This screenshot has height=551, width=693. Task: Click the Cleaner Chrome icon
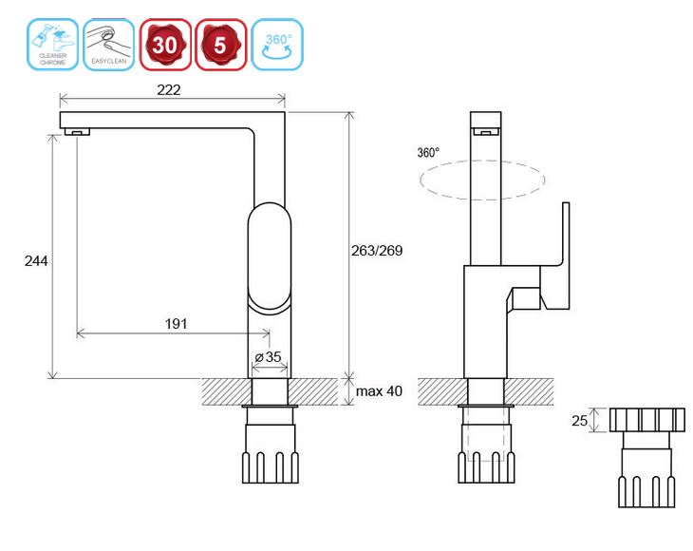point(53,45)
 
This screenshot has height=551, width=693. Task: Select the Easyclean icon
point(109,45)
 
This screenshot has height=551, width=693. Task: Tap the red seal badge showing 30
point(165,45)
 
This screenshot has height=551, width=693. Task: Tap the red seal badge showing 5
point(221,45)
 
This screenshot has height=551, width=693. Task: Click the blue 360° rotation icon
point(277,45)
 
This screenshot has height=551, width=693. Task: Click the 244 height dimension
point(36,260)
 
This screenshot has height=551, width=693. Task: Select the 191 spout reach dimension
point(176,323)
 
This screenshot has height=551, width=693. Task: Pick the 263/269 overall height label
point(377,251)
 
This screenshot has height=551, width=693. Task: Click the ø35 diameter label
point(268,357)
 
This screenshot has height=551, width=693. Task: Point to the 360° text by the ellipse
point(428,152)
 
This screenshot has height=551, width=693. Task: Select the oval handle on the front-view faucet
point(271,256)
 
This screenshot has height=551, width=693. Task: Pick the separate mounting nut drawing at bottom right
point(646,456)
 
